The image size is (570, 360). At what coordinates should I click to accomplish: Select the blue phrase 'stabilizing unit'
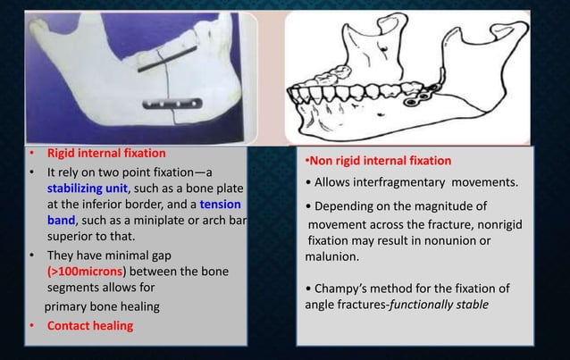tap(88, 189)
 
